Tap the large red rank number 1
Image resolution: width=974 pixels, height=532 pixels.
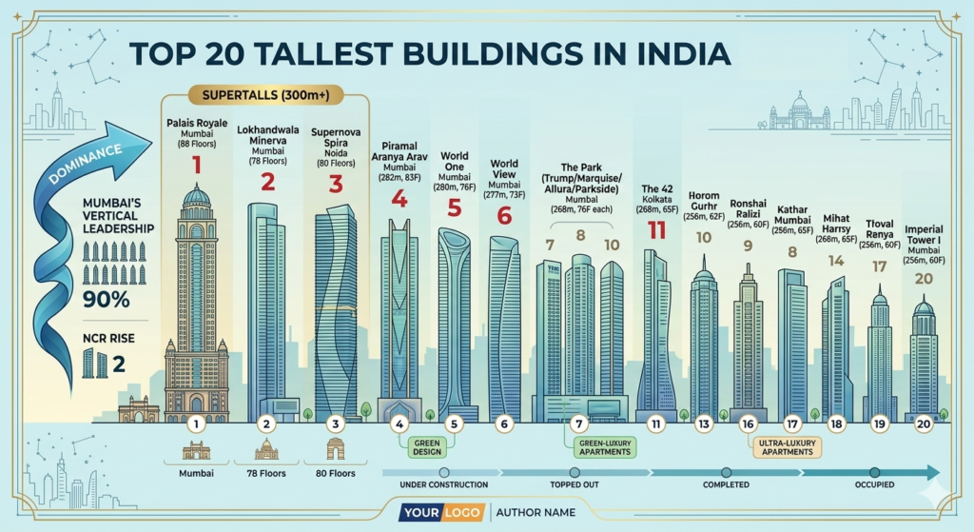pyautogui.click(x=197, y=166)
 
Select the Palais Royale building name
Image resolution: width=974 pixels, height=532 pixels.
pyautogui.click(x=197, y=124)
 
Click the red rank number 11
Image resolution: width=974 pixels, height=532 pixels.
pyautogui.click(x=657, y=229)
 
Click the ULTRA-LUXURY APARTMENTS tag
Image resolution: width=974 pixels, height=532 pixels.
pyautogui.click(x=787, y=446)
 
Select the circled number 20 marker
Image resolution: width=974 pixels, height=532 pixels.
pyautogui.click(x=923, y=424)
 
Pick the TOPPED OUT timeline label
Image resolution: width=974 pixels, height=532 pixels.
pyautogui.click(x=573, y=485)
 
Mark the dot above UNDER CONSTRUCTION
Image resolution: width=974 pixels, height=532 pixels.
pyautogui.click(x=443, y=472)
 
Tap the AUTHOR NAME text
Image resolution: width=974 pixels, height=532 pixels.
pyautogui.click(x=536, y=513)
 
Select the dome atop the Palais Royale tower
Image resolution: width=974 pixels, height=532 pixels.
pyautogui.click(x=197, y=195)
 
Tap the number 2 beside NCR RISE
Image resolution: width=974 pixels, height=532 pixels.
pyautogui.click(x=120, y=363)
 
